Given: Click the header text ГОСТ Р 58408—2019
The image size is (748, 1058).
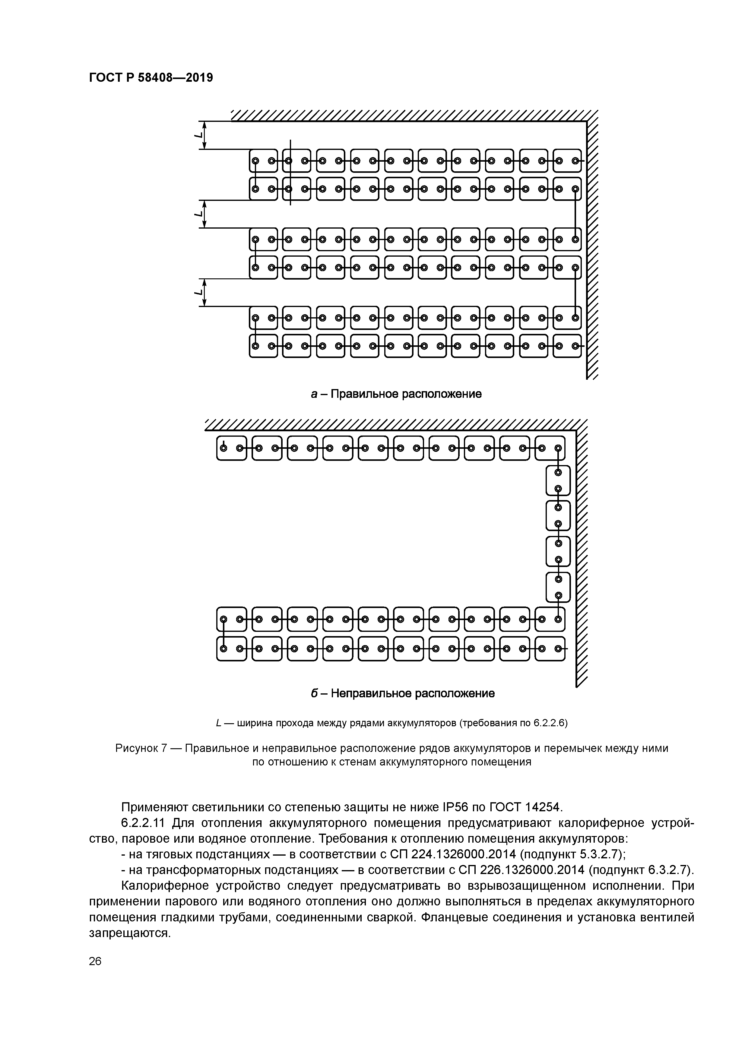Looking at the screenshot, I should click(x=151, y=78).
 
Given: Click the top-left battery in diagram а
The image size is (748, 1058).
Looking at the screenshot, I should click(x=264, y=161).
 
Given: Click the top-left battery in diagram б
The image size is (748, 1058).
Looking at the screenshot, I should click(x=231, y=448).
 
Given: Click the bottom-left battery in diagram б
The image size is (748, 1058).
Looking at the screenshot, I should click(x=231, y=649).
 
